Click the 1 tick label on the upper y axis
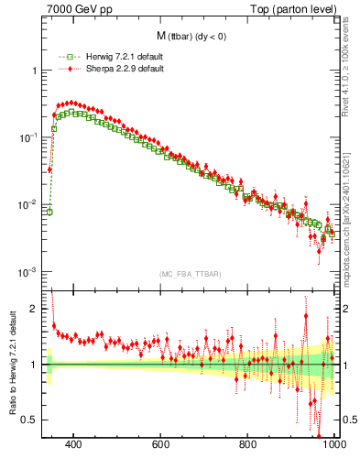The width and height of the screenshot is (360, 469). pyautogui.click(x=33, y=71)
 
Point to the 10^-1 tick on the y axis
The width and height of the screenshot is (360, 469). pyautogui.click(x=27, y=137)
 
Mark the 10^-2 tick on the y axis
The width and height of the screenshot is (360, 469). pyautogui.click(x=27, y=205)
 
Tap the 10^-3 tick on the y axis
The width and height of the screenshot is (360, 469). pyautogui.click(x=27, y=272)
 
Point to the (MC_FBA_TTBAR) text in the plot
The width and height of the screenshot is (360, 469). pyautogui.click(x=189, y=274)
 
